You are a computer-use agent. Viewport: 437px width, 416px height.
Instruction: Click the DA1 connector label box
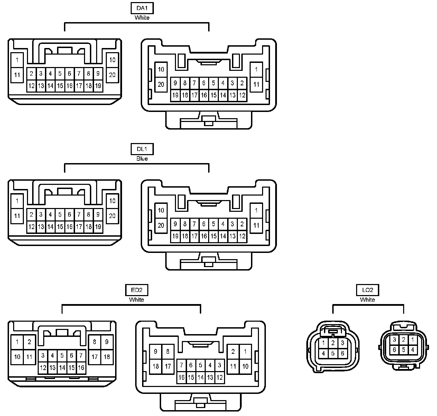tap(142, 8)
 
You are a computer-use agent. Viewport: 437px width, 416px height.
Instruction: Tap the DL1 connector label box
tap(142, 149)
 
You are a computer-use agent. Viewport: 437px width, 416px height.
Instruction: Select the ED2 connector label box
tap(137, 290)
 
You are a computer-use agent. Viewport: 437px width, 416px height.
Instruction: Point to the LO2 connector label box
tap(368, 290)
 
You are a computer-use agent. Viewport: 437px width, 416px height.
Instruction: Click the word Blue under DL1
tap(142, 159)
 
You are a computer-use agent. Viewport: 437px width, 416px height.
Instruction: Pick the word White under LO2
tap(368, 300)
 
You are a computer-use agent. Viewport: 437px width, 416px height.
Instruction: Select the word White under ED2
tap(137, 300)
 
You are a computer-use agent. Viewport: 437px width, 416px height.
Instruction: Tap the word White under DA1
tap(142, 18)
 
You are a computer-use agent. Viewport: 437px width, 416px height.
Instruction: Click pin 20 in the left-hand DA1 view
tap(112, 75)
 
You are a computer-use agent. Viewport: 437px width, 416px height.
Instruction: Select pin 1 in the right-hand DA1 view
tap(256, 69)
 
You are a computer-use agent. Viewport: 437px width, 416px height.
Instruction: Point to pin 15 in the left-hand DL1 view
tap(60, 227)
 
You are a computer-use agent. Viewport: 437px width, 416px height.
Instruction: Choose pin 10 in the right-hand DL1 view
tap(161, 210)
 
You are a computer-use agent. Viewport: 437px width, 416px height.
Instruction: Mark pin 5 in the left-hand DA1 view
tap(60, 73)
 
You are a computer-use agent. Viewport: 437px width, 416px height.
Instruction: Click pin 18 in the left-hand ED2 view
tap(107, 357)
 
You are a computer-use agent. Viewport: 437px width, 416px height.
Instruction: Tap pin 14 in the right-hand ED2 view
tap(201, 377)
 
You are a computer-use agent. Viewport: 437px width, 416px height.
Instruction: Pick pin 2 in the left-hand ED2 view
tap(29, 342)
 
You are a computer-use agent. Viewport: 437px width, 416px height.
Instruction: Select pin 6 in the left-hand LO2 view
tap(342, 353)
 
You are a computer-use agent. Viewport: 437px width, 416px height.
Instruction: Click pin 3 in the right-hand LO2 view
tap(394, 340)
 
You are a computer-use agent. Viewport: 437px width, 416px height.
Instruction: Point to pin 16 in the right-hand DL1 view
tap(204, 236)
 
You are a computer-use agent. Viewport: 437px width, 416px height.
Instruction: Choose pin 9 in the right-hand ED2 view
tap(156, 352)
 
